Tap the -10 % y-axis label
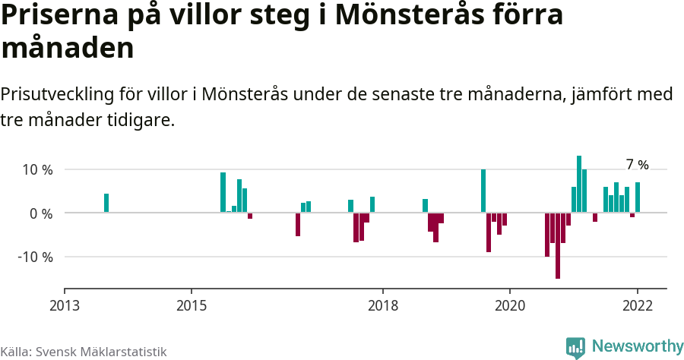point(35,257)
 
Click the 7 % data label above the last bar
point(637,165)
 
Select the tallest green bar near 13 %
point(579,184)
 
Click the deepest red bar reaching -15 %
point(558,245)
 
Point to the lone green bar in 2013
point(106,203)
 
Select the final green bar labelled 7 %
point(638,197)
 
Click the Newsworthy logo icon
point(575,347)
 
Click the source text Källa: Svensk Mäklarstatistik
point(83,352)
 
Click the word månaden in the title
point(68,49)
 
